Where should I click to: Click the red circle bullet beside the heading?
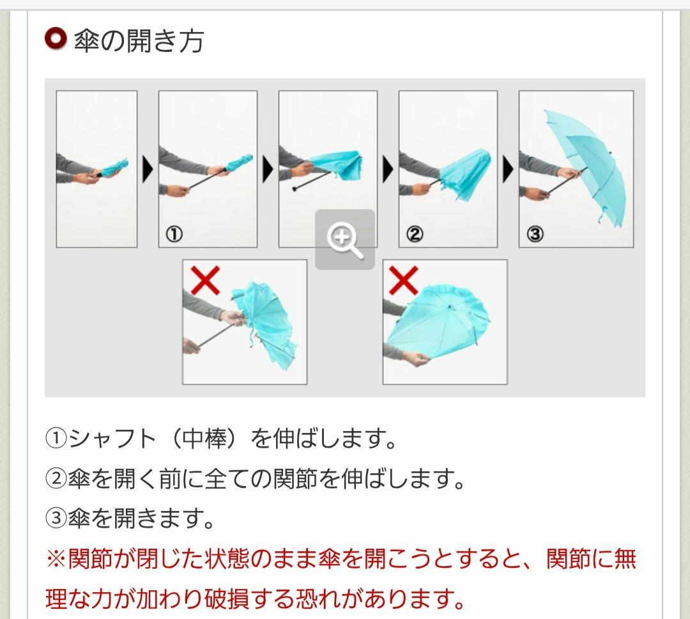pyautogui.click(x=56, y=39)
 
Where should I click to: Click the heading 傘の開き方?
pyautogui.click(x=139, y=41)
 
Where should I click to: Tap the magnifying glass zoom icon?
pyautogui.click(x=344, y=240)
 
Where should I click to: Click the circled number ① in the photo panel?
pyautogui.click(x=174, y=235)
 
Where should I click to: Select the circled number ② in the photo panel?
pyautogui.click(x=414, y=235)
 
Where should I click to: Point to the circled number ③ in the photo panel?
pyautogui.click(x=535, y=235)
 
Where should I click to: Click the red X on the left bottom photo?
pyautogui.click(x=205, y=281)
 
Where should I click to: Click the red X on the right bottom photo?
pyautogui.click(x=404, y=281)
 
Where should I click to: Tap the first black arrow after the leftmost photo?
pyautogui.click(x=148, y=170)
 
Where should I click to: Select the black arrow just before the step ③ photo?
pyautogui.click(x=509, y=170)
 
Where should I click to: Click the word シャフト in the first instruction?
pyautogui.click(x=112, y=439)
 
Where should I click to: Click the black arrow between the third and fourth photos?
pyautogui.click(x=388, y=170)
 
